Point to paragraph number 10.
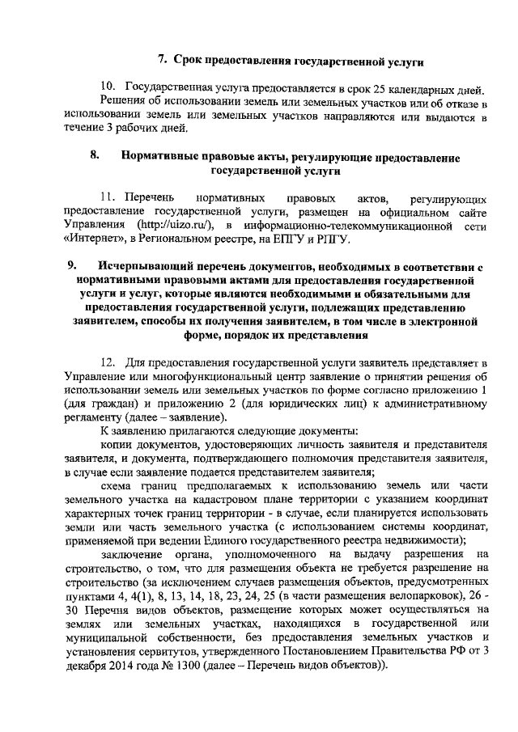pos(108,87)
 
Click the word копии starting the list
pos(117,446)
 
